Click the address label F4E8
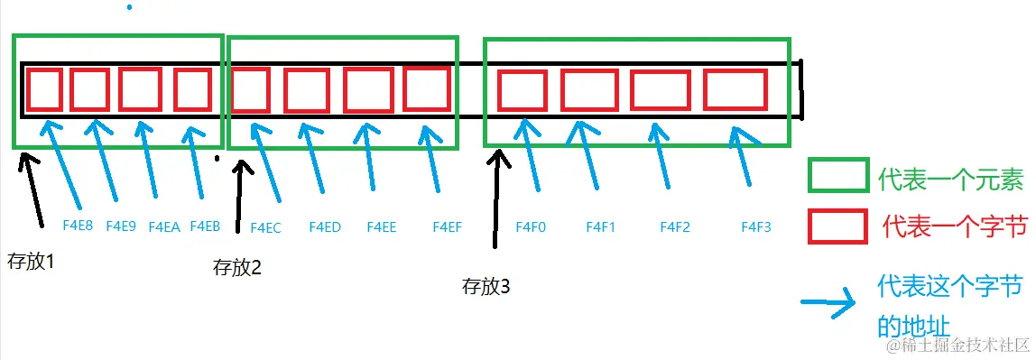(78, 226)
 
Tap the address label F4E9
(121, 226)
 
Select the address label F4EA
(164, 226)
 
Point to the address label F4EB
(205, 226)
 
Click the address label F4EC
(265, 228)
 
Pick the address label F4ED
(325, 227)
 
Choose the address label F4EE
(382, 227)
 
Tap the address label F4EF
(448, 227)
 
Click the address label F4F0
(531, 227)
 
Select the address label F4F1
(600, 227)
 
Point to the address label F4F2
(675, 227)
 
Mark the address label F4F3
(756, 227)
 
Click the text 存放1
(30, 263)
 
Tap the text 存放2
(236, 267)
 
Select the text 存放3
(486, 287)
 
